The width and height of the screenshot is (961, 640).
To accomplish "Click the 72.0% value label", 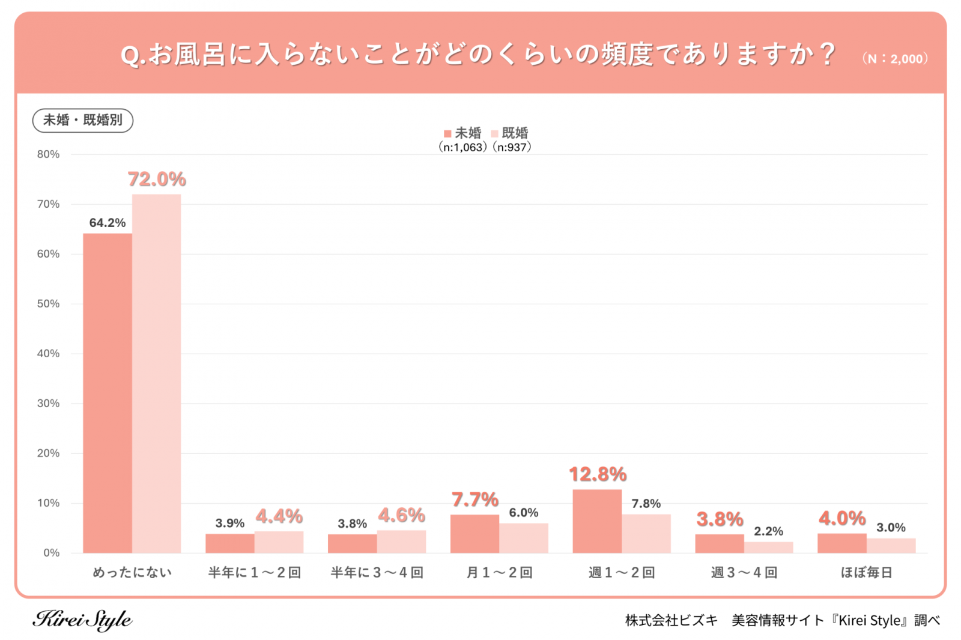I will (x=157, y=179).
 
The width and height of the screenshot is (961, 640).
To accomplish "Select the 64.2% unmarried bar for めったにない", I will (x=108, y=393).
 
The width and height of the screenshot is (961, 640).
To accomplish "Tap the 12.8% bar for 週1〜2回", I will (x=597, y=521).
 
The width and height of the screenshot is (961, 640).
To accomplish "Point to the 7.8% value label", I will (x=646, y=503).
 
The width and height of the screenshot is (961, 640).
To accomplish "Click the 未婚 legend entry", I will (x=462, y=133).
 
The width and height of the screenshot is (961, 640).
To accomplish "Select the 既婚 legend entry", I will (x=510, y=133).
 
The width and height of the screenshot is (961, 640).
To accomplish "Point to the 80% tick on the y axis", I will (x=48, y=154).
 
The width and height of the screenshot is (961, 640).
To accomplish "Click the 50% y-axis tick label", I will (x=48, y=304).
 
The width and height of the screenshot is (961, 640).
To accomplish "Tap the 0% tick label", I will (x=51, y=553).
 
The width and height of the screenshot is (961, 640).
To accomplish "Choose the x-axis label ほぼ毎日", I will (x=866, y=573).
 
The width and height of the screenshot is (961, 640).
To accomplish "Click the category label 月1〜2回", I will (x=499, y=573).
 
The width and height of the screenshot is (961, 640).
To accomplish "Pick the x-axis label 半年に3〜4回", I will (x=377, y=573).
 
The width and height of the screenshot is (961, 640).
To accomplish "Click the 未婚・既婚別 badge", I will (x=83, y=120).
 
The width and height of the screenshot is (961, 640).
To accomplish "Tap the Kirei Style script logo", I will (x=82, y=620).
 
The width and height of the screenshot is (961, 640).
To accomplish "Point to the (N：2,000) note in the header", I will (x=895, y=59).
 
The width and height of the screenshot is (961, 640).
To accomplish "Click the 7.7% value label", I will (x=474, y=500).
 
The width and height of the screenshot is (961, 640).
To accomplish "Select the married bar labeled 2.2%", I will (x=768, y=548).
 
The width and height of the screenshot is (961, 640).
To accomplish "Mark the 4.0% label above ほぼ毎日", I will (x=842, y=518).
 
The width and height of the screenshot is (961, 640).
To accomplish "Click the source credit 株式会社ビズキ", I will (x=671, y=620).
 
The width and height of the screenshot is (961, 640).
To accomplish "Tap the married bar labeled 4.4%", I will (x=279, y=542).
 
